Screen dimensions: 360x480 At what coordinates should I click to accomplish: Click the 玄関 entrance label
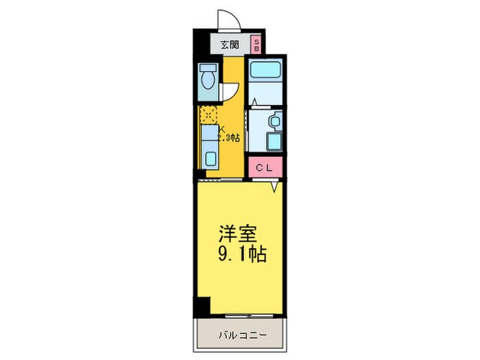tap(230, 45)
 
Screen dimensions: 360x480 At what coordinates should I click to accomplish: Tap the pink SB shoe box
tap(256, 45)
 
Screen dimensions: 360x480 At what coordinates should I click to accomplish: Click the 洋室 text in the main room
tap(238, 233)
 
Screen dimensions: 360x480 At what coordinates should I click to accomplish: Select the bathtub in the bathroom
tap(264, 69)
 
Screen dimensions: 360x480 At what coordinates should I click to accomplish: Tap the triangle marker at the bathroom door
tap(254, 103)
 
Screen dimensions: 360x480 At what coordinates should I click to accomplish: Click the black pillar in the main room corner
tap(202, 306)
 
